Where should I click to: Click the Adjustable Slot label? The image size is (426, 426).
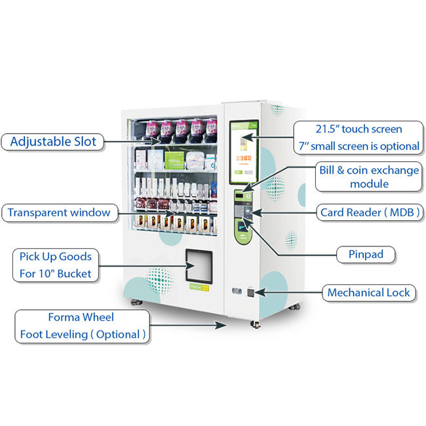[54, 141]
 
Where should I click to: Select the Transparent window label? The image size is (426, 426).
[59, 212]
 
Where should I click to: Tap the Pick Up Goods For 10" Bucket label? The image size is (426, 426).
[56, 265]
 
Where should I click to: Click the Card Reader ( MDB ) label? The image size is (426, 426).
[370, 212]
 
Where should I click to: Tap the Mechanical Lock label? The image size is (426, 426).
[368, 292]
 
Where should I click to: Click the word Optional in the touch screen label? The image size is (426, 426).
[395, 146]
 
